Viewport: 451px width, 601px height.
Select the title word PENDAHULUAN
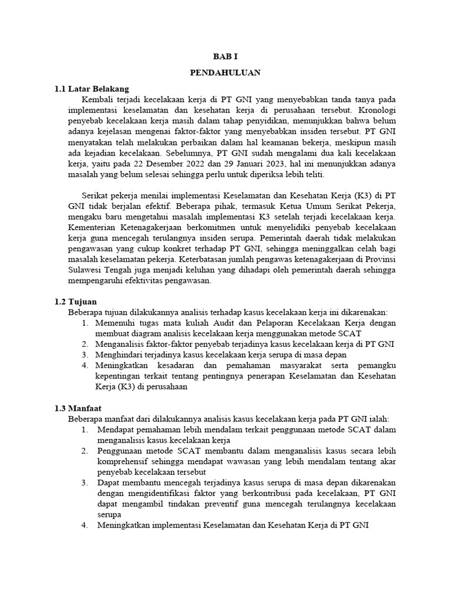tap(225, 73)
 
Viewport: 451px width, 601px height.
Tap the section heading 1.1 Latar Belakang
tap(91, 89)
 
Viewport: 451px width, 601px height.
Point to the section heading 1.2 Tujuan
tap(76, 300)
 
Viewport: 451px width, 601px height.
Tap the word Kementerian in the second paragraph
tap(95, 227)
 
